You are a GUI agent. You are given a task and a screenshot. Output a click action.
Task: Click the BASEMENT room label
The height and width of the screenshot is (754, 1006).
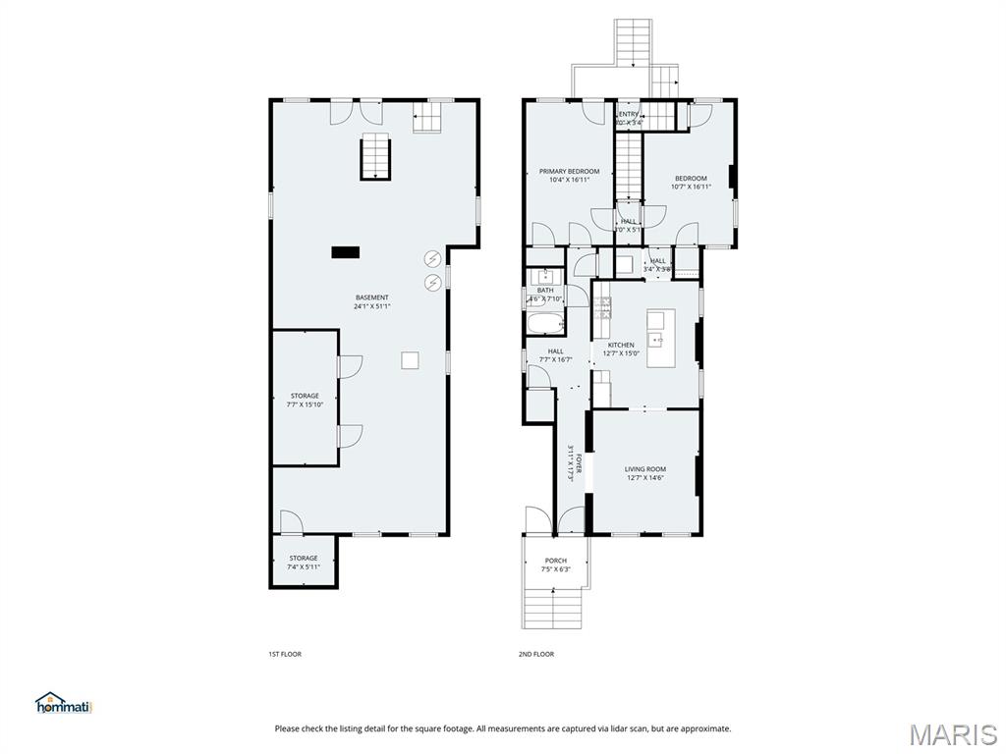click(372, 297)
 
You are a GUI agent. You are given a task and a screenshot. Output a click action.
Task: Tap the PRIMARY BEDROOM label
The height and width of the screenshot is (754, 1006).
click(569, 171)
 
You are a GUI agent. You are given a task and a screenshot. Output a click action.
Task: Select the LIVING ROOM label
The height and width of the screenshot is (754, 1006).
click(645, 469)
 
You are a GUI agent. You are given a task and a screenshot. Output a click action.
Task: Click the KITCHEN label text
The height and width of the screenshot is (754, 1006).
click(621, 346)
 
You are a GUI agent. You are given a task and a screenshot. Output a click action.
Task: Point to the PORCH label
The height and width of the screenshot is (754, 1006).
click(555, 561)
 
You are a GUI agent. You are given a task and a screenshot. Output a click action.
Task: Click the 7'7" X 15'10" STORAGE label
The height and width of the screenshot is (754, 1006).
click(304, 396)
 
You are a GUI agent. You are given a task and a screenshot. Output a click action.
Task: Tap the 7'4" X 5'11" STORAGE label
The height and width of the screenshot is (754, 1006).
click(303, 559)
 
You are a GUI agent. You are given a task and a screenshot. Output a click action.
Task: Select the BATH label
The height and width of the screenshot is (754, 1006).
click(545, 291)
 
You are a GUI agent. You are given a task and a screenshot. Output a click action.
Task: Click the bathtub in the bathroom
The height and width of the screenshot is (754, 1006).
click(545, 324)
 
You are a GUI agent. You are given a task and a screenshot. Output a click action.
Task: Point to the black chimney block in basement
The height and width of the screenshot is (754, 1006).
click(345, 252)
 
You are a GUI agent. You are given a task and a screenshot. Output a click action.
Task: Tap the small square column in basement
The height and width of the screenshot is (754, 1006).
click(411, 360)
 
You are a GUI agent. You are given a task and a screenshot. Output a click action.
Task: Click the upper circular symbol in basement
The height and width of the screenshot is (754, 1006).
click(432, 259)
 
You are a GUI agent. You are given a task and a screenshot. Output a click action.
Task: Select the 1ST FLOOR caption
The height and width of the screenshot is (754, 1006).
click(285, 654)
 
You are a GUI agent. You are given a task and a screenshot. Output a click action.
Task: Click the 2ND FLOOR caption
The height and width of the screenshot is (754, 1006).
click(536, 654)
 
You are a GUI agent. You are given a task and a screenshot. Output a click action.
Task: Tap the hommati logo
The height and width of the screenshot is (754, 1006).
click(64, 703)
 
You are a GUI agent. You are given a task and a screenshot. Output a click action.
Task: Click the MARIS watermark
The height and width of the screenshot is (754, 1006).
click(952, 733)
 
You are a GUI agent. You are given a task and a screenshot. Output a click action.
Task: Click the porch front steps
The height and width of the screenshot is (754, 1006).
click(553, 607)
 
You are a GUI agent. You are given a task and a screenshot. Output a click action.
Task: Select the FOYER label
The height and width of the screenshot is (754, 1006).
click(580, 463)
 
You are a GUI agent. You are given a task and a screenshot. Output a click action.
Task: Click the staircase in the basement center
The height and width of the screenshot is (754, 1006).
click(374, 158)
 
